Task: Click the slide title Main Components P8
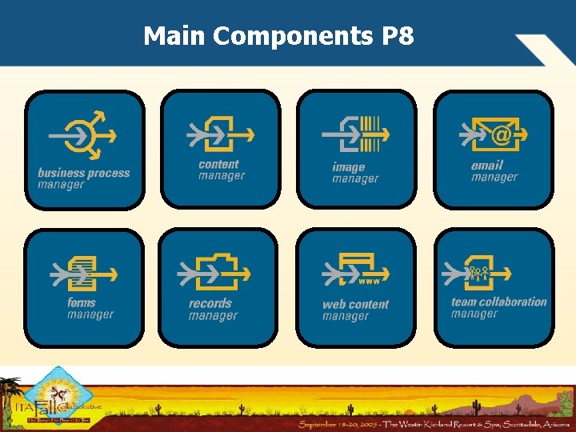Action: (278, 36)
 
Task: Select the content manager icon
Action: (220, 133)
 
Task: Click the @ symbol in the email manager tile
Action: (501, 135)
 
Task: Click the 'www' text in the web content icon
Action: (369, 282)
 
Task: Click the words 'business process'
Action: (83, 173)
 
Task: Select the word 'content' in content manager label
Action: (218, 164)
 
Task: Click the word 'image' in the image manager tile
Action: (349, 167)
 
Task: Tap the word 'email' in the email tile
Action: (487, 165)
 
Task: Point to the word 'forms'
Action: (82, 302)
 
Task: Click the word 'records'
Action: (210, 303)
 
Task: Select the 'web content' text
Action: (355, 304)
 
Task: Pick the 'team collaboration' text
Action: (498, 302)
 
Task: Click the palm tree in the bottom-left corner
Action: (11, 392)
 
